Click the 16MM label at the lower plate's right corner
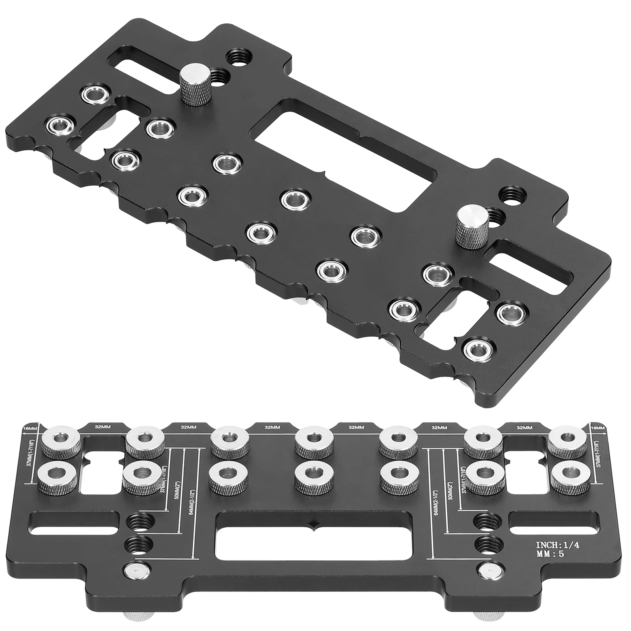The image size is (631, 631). click(x=597, y=428)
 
